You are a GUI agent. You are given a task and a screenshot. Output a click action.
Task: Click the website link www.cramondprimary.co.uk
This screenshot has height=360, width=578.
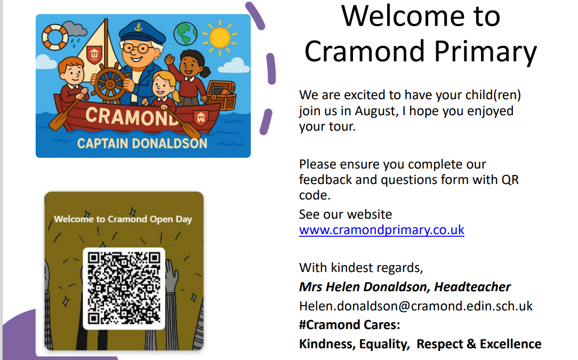(382, 230)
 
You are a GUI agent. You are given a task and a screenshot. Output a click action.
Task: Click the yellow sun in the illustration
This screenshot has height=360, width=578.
(220, 38)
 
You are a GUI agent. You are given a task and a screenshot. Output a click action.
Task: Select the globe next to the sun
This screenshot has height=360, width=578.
(185, 34)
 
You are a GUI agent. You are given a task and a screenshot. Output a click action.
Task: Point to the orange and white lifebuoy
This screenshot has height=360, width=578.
(55, 37)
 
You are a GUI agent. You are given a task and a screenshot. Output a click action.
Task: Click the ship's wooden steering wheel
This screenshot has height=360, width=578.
(110, 84)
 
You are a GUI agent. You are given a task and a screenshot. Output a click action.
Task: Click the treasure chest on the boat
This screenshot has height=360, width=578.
(221, 95)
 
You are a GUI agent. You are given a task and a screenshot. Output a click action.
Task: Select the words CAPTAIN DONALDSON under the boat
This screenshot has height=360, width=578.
(142, 143)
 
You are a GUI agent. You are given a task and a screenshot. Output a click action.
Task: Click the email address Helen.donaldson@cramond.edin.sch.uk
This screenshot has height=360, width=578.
(416, 306)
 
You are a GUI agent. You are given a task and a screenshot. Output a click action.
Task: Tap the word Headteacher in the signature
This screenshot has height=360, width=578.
(472, 286)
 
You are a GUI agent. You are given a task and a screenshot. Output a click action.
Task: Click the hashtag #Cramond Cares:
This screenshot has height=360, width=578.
(349, 325)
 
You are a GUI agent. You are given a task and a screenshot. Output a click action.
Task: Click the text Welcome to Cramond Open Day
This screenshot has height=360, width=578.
(123, 219)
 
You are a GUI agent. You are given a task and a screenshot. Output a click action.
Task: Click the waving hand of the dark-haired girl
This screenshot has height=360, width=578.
(170, 59)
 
